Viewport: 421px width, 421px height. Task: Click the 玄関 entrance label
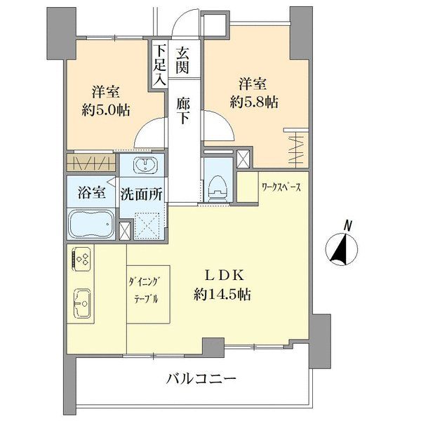coord(182,59)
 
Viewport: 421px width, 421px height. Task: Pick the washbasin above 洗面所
coord(143,167)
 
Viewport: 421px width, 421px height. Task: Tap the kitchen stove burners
coord(82,262)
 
